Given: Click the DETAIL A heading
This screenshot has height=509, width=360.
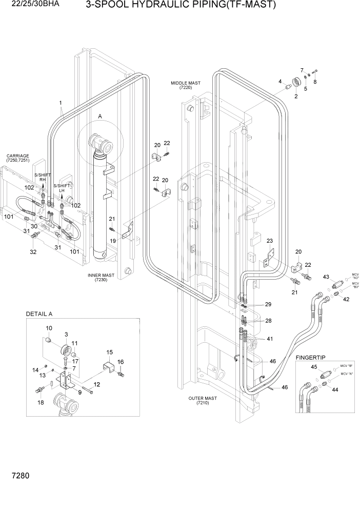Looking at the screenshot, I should point(39,314).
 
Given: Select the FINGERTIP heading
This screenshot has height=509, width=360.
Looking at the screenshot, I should point(311,357).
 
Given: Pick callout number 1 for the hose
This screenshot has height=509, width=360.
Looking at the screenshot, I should point(61,103).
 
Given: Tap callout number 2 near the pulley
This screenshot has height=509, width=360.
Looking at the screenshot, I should point(296,96).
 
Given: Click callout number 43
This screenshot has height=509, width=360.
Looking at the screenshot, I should point(325,277).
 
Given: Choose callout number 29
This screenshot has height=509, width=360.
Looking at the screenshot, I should point(268,305).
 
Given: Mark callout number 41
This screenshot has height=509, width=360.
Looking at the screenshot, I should point(270,339).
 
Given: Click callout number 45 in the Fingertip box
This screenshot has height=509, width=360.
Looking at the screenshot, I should point(313,367).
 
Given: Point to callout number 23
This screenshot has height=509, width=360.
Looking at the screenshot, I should point(270,241).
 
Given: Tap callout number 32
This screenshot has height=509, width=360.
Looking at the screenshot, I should point(33,252).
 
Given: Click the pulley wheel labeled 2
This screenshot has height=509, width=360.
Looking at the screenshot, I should point(296,83).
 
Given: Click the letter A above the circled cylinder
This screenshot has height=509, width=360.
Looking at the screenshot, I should point(100,117).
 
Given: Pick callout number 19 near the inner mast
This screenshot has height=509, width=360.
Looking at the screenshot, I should point(112,240).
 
